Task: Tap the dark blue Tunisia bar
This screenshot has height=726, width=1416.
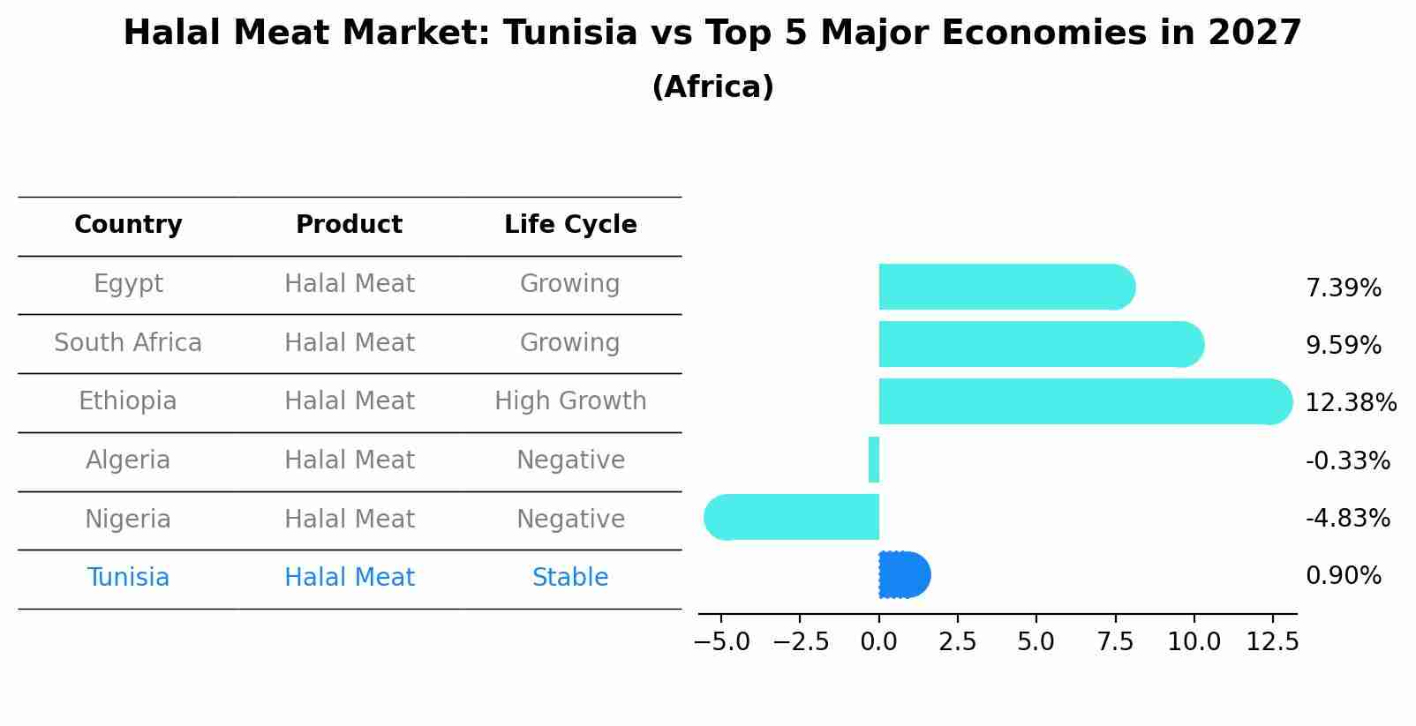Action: pyautogui.click(x=903, y=575)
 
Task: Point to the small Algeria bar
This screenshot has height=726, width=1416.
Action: pyautogui.click(x=874, y=460)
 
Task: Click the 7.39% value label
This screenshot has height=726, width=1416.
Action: pyautogui.click(x=1343, y=288)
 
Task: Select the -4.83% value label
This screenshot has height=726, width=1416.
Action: pyautogui.click(x=1347, y=518)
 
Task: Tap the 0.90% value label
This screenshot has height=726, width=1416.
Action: pyautogui.click(x=1343, y=576)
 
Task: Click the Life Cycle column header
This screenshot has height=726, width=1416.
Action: pyautogui.click(x=570, y=225)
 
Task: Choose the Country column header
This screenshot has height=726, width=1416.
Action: pyautogui.click(x=128, y=225)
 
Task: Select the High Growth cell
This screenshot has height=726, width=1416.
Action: pyautogui.click(x=570, y=401)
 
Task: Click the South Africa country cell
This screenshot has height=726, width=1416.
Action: pyautogui.click(x=128, y=343)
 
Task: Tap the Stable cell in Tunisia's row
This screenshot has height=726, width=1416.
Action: pyautogui.click(x=570, y=578)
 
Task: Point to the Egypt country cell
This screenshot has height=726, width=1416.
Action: pyautogui.click(x=128, y=284)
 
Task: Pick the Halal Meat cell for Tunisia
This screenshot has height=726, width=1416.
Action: pyautogui.click(x=349, y=578)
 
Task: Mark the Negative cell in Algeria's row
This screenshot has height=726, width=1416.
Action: pyautogui.click(x=570, y=460)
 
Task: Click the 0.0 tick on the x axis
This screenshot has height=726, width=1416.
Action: pyautogui.click(x=878, y=642)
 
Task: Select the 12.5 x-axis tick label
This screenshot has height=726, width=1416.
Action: pyautogui.click(x=1272, y=642)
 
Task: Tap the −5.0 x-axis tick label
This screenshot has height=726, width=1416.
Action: pyautogui.click(x=721, y=642)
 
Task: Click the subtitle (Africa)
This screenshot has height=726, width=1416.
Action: pyautogui.click(x=712, y=87)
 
